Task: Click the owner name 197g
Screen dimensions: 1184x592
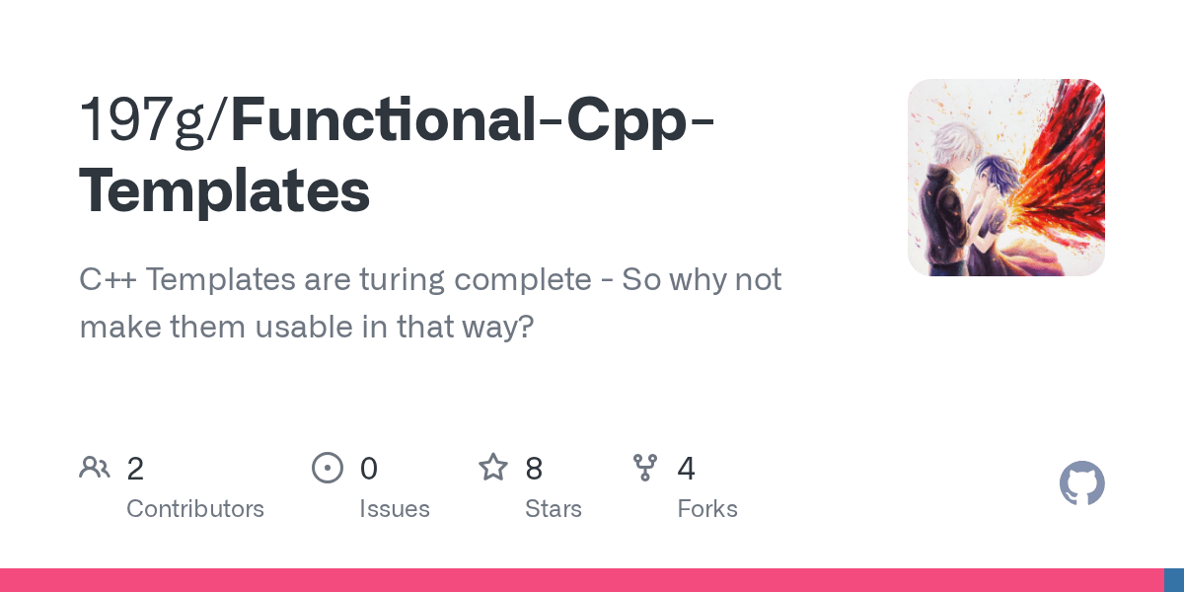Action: click(142, 120)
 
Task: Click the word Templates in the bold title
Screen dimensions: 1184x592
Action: click(225, 190)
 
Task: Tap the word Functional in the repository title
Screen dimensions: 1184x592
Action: click(384, 119)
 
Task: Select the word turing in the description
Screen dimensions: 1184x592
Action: click(403, 280)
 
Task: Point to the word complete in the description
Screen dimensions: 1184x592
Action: click(523, 280)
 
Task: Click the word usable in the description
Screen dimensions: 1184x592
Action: click(305, 327)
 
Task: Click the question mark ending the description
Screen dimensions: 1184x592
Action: click(524, 327)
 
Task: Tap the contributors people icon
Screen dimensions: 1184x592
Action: click(95, 468)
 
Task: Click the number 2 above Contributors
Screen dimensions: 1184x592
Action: click(135, 469)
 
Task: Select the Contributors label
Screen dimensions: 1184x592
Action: click(195, 509)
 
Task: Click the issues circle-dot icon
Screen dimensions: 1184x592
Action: click(328, 468)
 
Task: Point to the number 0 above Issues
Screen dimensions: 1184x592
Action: click(369, 469)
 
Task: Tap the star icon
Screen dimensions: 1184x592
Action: click(493, 468)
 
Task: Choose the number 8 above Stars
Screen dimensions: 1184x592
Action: click(534, 469)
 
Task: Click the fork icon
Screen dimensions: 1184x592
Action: click(645, 468)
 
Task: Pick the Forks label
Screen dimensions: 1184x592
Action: click(707, 509)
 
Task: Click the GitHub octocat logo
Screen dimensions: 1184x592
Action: click(1082, 483)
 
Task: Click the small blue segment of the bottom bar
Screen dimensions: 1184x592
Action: click(1174, 580)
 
